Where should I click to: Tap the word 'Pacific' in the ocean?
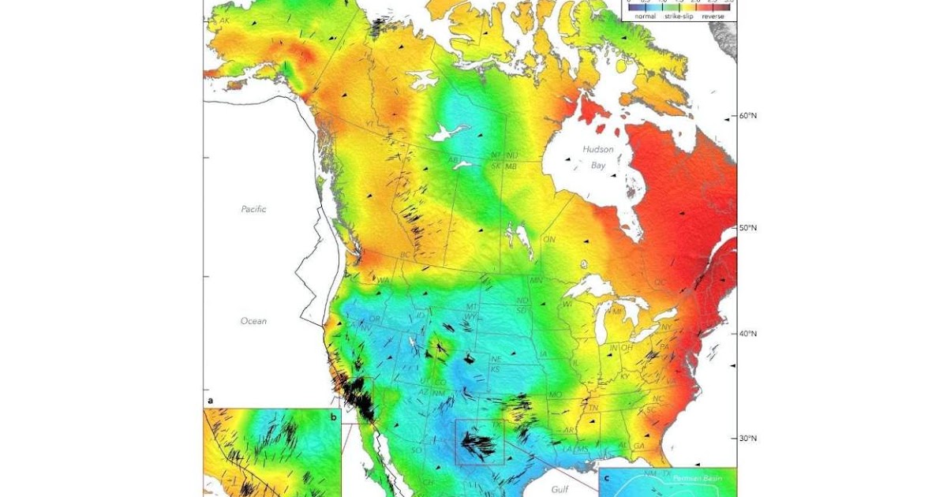tap(253, 209)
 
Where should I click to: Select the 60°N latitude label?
tap(747, 115)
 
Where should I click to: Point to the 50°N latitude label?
tap(747, 228)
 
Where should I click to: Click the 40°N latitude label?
tap(747, 334)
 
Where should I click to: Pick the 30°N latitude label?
tap(747, 439)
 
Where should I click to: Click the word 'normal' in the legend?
tap(645, 15)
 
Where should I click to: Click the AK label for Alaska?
tap(226, 20)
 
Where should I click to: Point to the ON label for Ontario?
tap(549, 238)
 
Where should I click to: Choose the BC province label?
tap(406, 256)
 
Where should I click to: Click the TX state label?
tap(496, 424)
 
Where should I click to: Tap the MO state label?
tap(556, 394)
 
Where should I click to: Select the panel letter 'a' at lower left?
tap(210, 401)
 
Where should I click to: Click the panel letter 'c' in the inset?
tap(606, 476)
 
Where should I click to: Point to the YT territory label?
tap(369, 124)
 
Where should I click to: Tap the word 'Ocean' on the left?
tap(253, 321)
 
